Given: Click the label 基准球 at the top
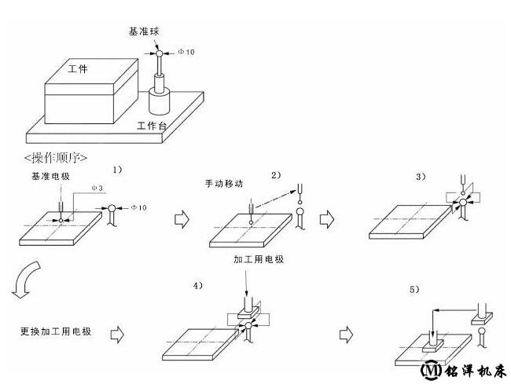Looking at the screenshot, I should [145, 32].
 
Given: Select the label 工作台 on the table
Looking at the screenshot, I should [151, 126].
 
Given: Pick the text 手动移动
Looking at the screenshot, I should [222, 183].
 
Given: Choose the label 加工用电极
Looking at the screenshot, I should [259, 258].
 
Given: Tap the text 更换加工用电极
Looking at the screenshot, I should [56, 331].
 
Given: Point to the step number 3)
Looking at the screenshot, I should [421, 177].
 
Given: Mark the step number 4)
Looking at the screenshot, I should [198, 286].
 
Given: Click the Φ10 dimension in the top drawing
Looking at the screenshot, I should [186, 52].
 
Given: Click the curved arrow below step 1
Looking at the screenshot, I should [22, 280].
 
